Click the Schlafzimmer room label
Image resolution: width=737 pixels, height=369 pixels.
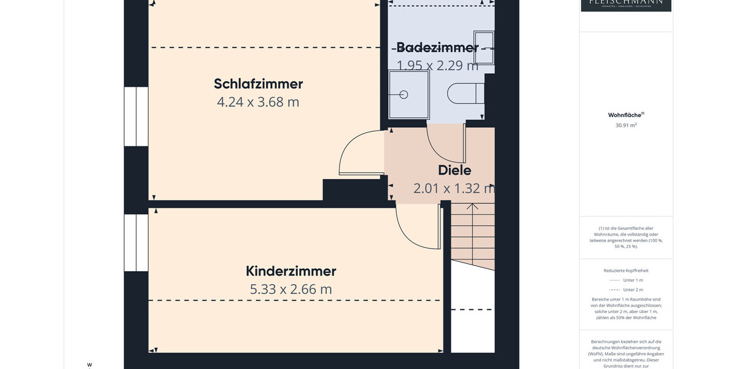tap(258, 84)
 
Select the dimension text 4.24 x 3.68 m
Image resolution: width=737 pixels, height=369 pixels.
tap(258, 102)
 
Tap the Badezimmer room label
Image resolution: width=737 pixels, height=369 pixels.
tap(437, 47)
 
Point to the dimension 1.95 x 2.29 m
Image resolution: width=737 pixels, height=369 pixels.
tap(437, 65)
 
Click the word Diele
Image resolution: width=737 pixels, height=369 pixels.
tap(454, 170)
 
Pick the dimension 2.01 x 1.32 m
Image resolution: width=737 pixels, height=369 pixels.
tap(454, 189)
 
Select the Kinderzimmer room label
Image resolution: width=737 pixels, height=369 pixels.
tap(291, 271)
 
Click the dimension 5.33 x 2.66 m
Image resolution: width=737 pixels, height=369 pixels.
tap(291, 289)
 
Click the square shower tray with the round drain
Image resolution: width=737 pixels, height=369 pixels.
tap(408, 94)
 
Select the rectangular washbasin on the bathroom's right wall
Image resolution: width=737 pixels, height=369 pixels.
tap(484, 47)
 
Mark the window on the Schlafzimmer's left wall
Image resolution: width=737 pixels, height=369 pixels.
tap(136, 116)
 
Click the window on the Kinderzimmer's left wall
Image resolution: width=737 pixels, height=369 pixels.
tap(136, 242)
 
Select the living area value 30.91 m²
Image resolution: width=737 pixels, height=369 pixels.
tap(626, 125)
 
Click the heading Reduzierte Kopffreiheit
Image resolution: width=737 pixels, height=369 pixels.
tap(626, 271)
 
